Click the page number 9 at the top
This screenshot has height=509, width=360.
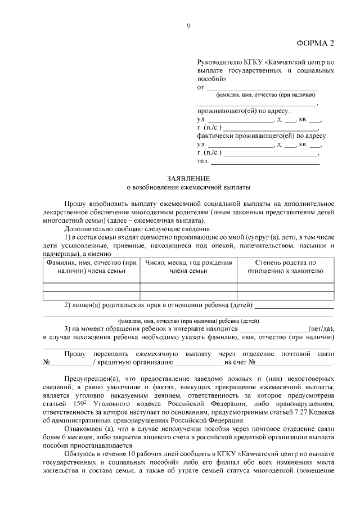189,25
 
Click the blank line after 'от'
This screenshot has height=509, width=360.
261,88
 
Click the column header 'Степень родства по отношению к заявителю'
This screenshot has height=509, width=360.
285,267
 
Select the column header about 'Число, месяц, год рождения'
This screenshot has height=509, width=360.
188,267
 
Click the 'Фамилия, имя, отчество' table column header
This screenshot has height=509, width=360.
92,267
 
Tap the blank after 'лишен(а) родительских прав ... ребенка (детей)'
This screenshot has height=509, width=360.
295,306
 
